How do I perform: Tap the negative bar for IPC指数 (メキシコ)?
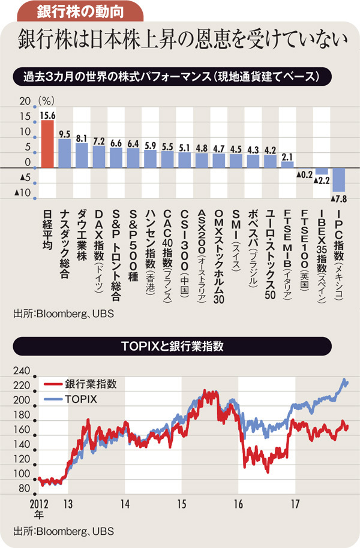(339, 179)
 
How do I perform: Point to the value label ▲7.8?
(339, 198)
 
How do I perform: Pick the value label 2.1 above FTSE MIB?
(287, 156)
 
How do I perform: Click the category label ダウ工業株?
(82, 237)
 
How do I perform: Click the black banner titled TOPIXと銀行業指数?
(180, 346)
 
